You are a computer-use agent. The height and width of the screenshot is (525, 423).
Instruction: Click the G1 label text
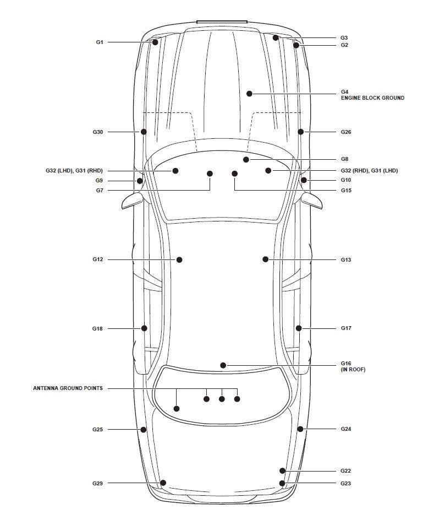point(99,42)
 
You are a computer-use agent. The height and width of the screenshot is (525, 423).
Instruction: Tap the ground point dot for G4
point(249,94)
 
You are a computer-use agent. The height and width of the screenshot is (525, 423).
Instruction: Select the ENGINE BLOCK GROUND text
point(372,98)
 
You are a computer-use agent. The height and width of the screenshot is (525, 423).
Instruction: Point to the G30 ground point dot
point(144,132)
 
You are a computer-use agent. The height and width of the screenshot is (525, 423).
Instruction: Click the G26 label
point(345,132)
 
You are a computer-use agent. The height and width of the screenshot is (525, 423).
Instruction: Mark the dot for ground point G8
point(246,159)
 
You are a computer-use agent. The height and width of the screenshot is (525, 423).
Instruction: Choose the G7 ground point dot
point(210,174)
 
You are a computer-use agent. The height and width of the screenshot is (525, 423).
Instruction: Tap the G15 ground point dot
point(235,174)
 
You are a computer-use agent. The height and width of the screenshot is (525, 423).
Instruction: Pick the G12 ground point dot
point(179,259)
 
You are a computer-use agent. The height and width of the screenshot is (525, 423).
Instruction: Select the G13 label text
point(345,259)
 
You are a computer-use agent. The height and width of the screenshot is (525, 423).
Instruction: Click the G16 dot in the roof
point(223,365)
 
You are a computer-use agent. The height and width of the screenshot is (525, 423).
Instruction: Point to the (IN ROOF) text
point(353,370)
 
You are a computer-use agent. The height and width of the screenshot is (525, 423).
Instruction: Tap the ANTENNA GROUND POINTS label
point(68,388)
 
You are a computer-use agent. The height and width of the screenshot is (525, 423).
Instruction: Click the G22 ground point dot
point(282,470)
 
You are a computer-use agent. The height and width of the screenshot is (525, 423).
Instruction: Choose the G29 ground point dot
point(163,483)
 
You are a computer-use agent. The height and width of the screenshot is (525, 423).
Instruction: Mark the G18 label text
point(97,328)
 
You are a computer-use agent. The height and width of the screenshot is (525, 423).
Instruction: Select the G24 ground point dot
point(300,429)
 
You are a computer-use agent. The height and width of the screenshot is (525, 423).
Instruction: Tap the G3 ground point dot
point(276,37)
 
